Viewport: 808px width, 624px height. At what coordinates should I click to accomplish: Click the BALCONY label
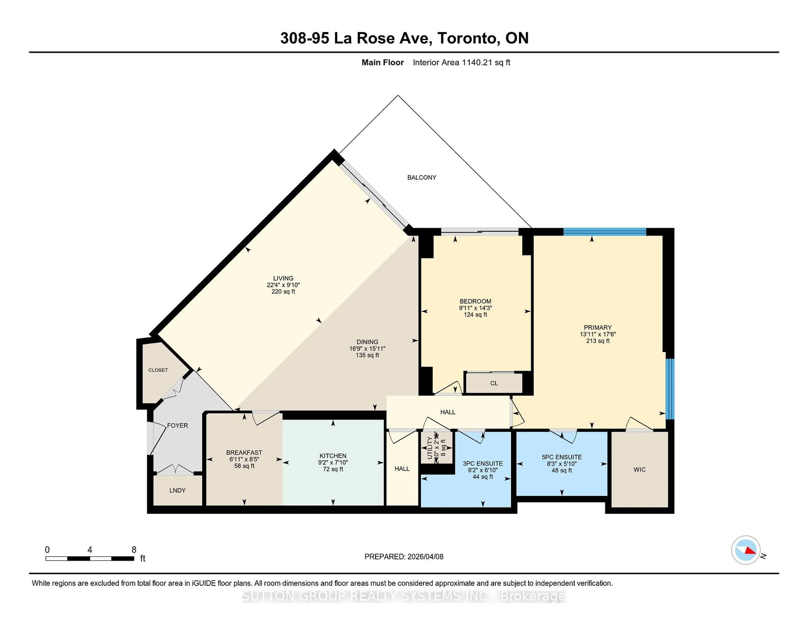click(x=421, y=177)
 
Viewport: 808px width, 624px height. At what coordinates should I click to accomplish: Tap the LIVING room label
click(x=283, y=278)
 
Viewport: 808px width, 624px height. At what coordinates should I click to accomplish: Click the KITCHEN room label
click(x=333, y=456)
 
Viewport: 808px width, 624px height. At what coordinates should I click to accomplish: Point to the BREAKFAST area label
click(x=244, y=452)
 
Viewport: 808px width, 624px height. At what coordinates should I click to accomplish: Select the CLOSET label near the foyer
click(x=158, y=370)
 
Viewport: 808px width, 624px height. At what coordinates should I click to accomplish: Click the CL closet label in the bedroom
click(x=494, y=383)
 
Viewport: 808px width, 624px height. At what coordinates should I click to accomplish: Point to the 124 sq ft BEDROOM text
click(x=475, y=315)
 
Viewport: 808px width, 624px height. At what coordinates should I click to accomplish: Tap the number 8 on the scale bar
click(x=134, y=550)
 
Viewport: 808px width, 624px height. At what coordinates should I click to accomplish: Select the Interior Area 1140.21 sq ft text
click(x=461, y=62)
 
